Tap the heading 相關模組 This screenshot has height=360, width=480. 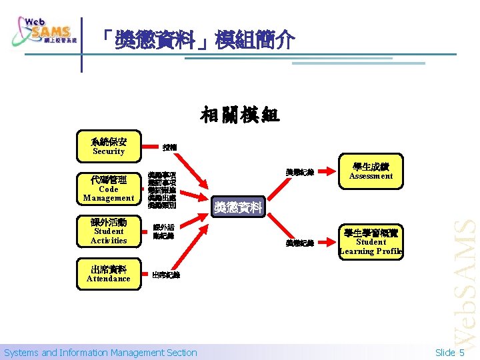tap(240, 115)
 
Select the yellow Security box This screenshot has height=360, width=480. tap(109, 145)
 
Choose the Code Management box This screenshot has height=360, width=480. tap(109, 189)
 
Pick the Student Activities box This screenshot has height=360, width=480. tap(109, 231)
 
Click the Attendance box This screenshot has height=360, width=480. tap(109, 275)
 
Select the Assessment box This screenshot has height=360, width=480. tap(371, 171)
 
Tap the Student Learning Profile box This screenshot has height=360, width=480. tap(371, 242)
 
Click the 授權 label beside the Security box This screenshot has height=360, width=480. tap(169, 147)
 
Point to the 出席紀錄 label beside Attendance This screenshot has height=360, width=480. tap(165, 275)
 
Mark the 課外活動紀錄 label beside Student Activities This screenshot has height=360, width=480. tap(164, 231)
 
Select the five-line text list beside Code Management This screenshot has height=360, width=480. tap(163, 190)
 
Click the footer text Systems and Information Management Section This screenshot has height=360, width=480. tap(101, 353)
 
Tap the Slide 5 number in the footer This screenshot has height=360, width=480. tap(450, 353)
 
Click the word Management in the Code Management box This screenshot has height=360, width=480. tap(109, 198)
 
